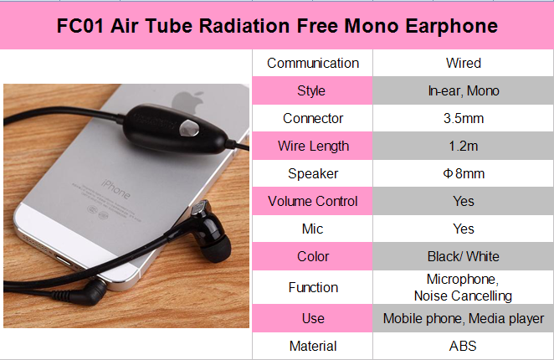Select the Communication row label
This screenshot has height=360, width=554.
pos(312,63)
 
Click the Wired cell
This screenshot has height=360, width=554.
pos(463,63)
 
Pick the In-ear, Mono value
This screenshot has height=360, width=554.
pos(463,90)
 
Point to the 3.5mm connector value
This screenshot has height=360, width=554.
pos(463,118)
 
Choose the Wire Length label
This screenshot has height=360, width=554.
pos(312,146)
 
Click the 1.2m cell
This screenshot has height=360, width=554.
pos(463,146)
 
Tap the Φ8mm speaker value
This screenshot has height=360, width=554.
pos(463,173)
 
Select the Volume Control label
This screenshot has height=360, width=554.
pos(312,201)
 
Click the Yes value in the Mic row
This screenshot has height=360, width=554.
pos(463,229)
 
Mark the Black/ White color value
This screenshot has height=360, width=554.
pos(463,256)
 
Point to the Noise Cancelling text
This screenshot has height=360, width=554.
pos(463,296)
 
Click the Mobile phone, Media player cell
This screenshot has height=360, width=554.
pos(463,318)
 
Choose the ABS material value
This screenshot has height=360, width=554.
pos(463,346)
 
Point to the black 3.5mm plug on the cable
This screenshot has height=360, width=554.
pos(88,294)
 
